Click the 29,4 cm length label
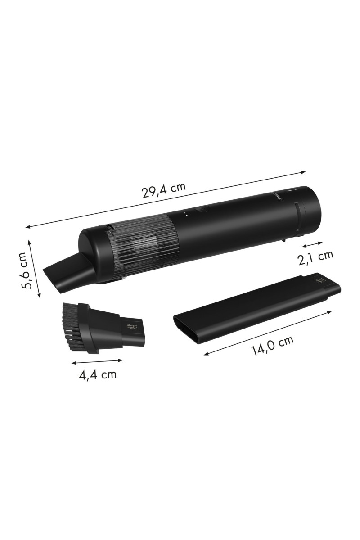[163, 192]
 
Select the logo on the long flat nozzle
[321, 282]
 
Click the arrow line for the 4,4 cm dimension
[97, 361]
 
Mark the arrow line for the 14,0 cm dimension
[269, 332]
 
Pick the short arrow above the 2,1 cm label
[312, 244]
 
